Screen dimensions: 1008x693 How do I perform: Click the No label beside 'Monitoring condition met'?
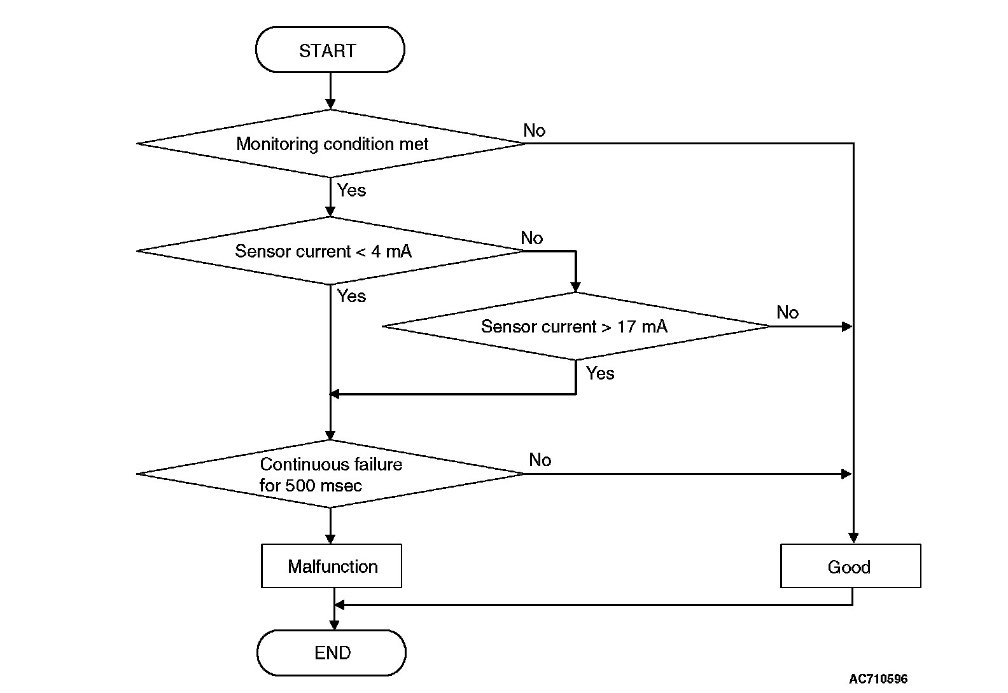pyautogui.click(x=534, y=130)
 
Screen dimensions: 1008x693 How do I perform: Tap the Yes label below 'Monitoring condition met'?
pyautogui.click(x=351, y=189)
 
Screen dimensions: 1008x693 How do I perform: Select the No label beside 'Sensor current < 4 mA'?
pyautogui.click(x=532, y=237)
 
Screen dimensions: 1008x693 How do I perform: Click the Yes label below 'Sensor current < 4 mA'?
pyautogui.click(x=351, y=296)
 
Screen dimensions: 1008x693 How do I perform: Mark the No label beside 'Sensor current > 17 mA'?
pyautogui.click(x=788, y=312)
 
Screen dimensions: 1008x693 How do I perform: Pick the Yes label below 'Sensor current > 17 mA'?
pyautogui.click(x=600, y=373)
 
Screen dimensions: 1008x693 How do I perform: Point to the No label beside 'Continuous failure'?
pyautogui.click(x=540, y=460)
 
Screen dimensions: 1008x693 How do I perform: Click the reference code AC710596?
pyautogui.click(x=878, y=678)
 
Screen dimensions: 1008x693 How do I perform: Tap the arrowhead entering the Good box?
pyautogui.click(x=853, y=538)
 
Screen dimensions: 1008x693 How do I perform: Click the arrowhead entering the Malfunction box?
pyautogui.click(x=330, y=539)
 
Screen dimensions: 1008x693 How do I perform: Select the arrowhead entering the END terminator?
pyautogui.click(x=334, y=624)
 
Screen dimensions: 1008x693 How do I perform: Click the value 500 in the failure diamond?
pyautogui.click(x=300, y=486)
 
